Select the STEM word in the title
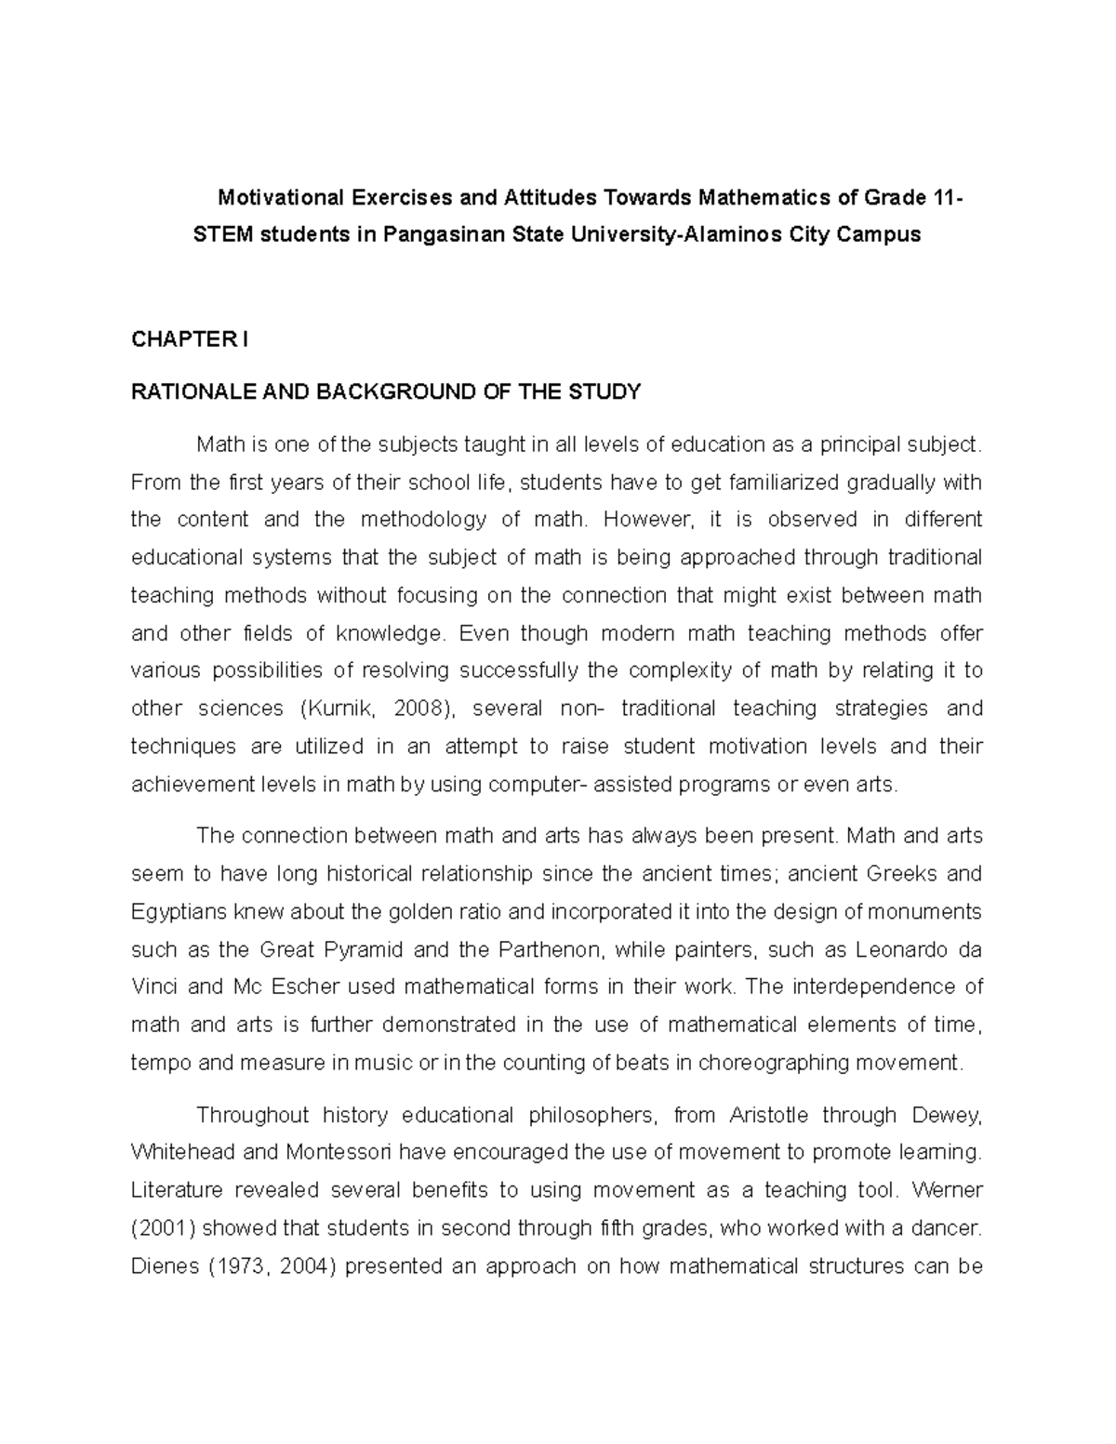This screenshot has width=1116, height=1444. [221, 234]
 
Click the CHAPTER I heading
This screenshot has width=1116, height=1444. [190, 339]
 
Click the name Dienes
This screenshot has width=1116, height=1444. [161, 1266]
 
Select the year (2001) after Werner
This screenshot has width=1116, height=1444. [164, 1228]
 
